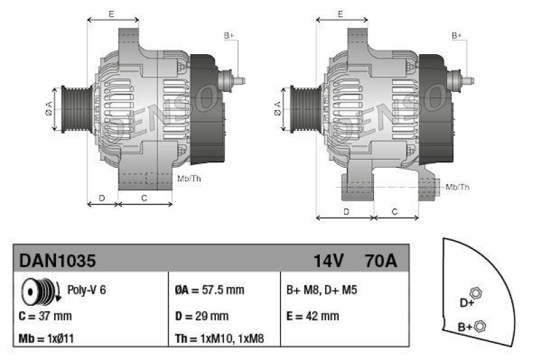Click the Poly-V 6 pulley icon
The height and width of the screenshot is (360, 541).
tap(39, 290)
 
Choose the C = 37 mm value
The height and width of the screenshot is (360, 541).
tap(45, 315)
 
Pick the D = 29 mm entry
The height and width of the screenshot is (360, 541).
tap(201, 315)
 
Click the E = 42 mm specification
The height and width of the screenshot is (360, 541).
tap(313, 315)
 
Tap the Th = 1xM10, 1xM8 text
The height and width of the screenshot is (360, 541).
tap(220, 338)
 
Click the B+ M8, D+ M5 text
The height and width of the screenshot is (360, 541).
tap(322, 290)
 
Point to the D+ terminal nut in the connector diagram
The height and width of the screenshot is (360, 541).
tap(475, 294)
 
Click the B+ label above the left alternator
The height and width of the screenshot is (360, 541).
tap(228, 35)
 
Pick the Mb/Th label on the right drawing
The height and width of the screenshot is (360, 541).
tap(458, 186)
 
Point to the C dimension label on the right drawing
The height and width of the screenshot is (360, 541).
tap(396, 212)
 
